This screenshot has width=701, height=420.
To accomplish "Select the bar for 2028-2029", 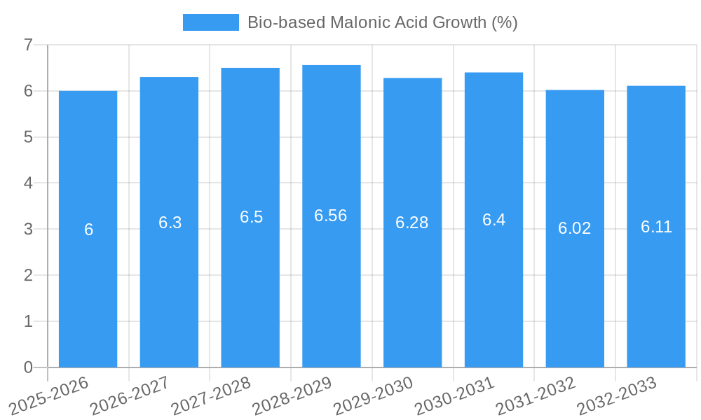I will coord(331,280).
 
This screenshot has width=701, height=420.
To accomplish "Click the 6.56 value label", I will coord(331,216).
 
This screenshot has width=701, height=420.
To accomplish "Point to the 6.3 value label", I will coord(170,223).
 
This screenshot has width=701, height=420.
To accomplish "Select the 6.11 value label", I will coord(656,227).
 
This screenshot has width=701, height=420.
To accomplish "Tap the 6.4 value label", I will coord(494,220).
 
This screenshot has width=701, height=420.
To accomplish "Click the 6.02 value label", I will coord(575,228).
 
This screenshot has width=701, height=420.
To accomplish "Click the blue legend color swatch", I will coord(210,22).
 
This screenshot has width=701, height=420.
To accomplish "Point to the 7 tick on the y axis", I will coord(28,45).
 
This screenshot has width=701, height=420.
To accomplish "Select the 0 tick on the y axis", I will coord(28,367).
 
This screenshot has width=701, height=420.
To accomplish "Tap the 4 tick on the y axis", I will coord(28,183).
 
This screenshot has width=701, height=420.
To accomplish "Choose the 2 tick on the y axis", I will coord(28,275).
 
